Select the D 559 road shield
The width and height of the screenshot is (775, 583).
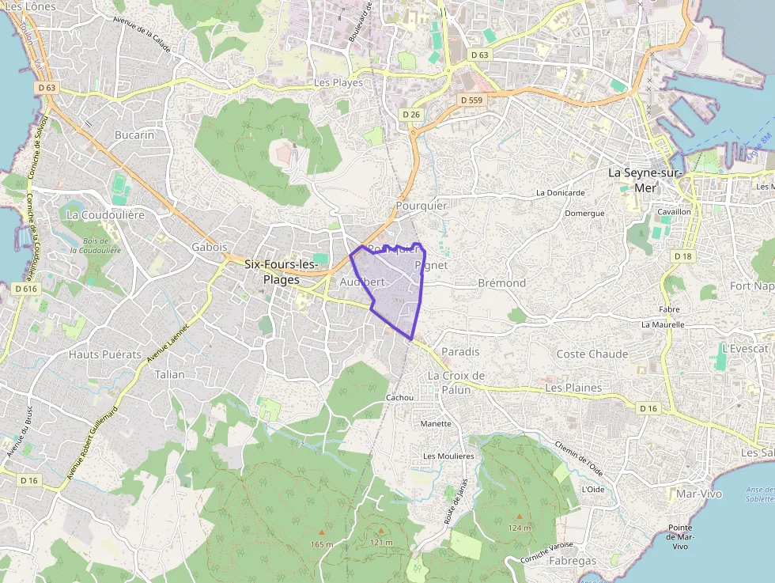(471, 100)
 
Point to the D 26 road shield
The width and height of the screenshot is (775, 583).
(410, 115)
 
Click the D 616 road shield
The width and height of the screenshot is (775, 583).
(26, 289)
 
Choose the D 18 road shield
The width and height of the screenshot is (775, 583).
(683, 256)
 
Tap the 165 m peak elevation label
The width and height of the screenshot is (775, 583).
(322, 544)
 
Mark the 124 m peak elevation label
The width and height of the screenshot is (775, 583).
(520, 528)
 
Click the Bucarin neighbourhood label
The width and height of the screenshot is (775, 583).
(134, 134)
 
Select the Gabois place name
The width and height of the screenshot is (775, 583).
(210, 247)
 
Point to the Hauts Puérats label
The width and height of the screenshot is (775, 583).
(104, 354)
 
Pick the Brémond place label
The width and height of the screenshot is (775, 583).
(502, 282)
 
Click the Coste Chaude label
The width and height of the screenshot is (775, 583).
(592, 354)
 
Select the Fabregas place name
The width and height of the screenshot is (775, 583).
(572, 561)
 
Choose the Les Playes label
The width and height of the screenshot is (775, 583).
(338, 82)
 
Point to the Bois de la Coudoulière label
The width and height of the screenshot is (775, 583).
(95, 245)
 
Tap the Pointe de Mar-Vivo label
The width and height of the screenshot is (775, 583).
(679, 537)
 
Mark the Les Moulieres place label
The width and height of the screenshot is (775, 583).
(448, 456)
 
